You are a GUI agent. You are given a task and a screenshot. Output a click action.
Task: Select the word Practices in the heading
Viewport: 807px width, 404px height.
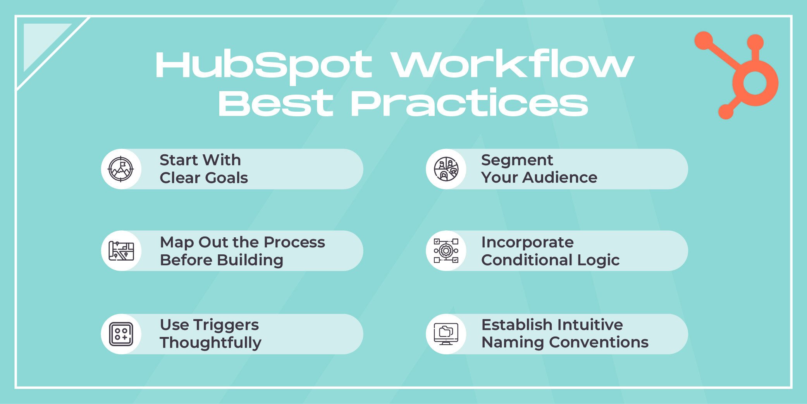pos(469,104)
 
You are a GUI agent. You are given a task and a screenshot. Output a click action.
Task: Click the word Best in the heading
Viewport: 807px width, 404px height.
pos(275,104)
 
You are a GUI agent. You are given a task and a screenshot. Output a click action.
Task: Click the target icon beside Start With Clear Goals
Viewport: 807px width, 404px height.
pos(121,169)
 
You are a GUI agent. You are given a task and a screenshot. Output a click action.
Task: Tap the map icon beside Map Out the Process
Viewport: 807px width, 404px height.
pos(121,251)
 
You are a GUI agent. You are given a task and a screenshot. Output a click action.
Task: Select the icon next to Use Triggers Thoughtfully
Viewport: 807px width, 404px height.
pos(121,334)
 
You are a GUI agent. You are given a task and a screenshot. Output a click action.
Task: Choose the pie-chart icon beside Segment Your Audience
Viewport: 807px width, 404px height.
pos(446,169)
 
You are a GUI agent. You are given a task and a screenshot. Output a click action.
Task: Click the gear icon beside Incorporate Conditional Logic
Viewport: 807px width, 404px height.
pos(446,251)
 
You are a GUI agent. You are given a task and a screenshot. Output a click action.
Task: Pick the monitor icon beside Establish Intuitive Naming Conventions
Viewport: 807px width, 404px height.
pos(446,334)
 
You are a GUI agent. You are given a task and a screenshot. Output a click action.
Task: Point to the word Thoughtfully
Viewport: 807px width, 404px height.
pos(210,343)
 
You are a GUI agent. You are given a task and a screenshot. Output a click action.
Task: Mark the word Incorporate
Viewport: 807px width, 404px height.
pos(527,242)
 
